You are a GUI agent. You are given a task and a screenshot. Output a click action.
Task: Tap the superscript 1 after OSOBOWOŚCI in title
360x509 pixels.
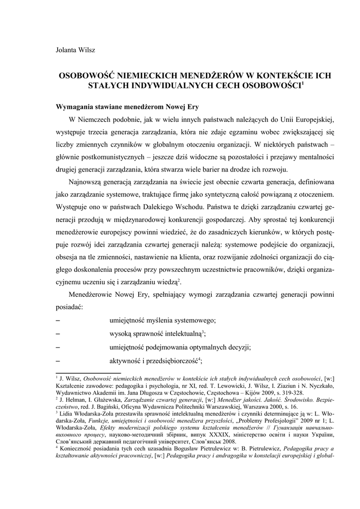(303, 84)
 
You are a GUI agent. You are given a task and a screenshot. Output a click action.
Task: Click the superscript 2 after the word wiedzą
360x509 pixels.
(180, 281)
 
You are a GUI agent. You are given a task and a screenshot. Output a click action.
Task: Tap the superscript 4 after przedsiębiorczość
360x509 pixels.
(199, 358)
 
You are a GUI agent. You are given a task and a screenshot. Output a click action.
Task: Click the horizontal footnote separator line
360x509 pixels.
(88, 372)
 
